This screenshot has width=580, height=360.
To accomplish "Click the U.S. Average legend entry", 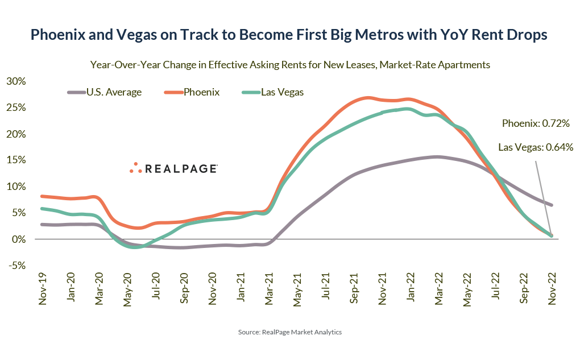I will click(x=105, y=92).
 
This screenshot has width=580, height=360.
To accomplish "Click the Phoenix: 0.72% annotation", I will click(x=536, y=123).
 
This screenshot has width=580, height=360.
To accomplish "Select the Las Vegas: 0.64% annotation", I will click(x=535, y=147).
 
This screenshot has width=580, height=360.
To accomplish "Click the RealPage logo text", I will click(x=181, y=169).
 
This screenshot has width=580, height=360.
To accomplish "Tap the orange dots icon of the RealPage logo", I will click(x=135, y=168).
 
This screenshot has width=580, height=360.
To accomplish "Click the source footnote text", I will click(x=289, y=332).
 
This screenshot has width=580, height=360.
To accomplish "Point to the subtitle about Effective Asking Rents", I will click(x=290, y=65).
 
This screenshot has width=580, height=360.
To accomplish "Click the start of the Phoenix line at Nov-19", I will click(x=42, y=196).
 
